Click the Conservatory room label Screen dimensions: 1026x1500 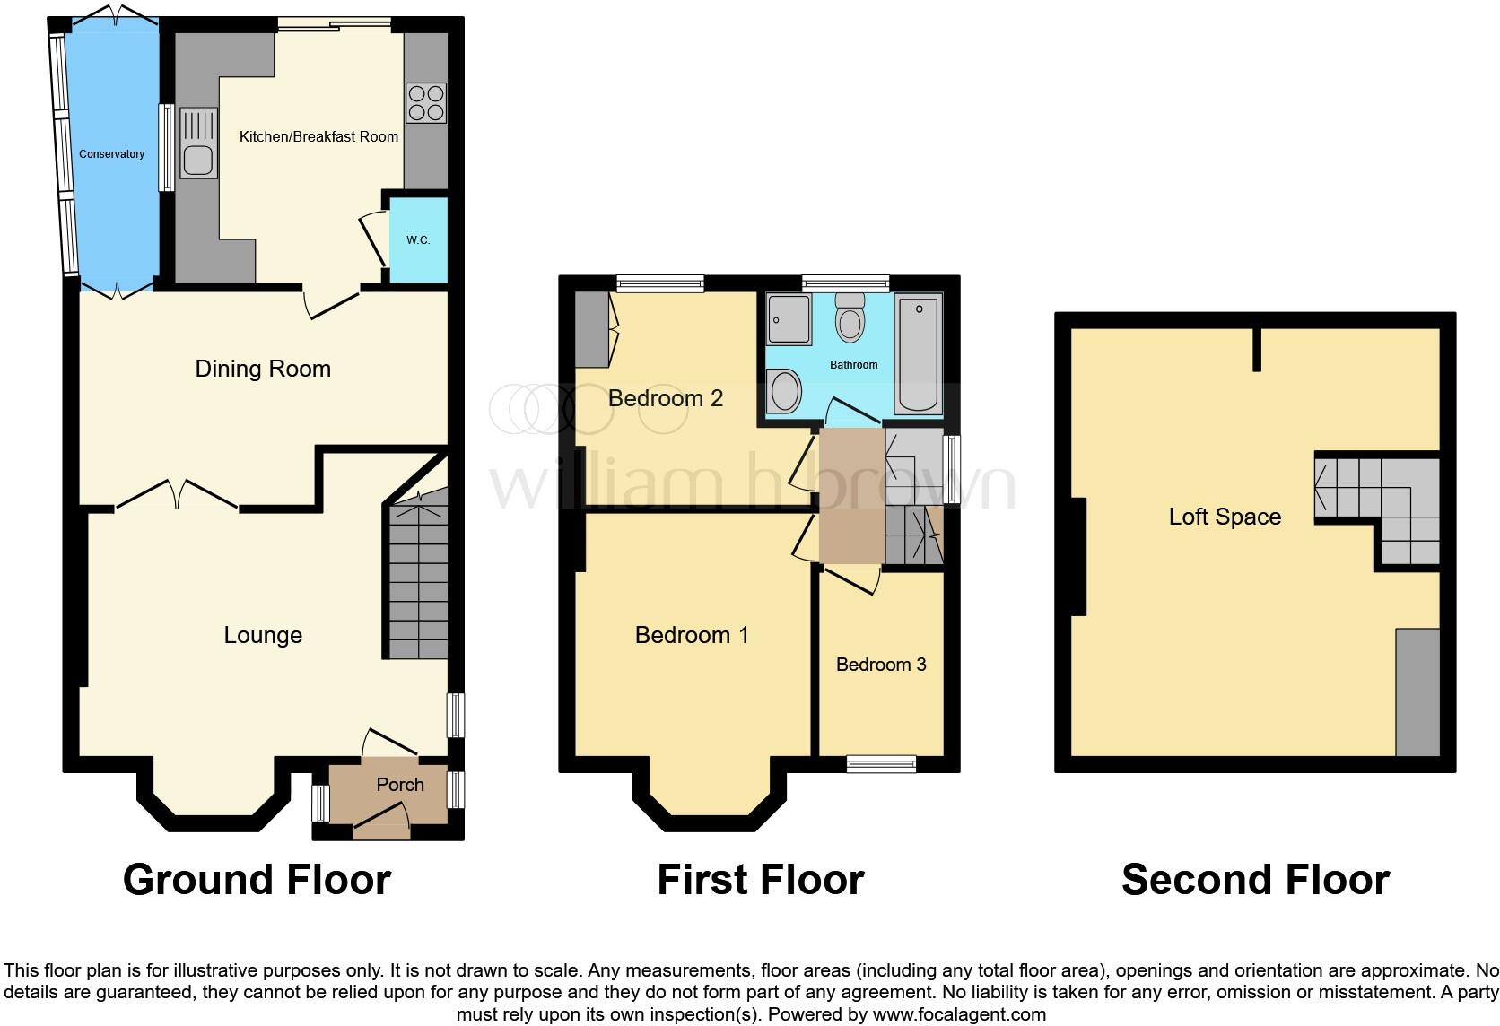[111, 154]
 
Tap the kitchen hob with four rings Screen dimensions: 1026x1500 [426, 102]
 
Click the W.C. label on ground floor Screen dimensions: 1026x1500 [418, 240]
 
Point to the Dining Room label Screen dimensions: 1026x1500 [263, 369]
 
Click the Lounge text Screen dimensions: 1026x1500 [263, 635]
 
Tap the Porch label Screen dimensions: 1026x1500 [400, 785]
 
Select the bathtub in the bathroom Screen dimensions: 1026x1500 [919, 353]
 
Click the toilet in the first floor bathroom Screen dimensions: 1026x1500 [849, 320]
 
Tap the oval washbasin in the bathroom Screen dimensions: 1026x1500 [785, 392]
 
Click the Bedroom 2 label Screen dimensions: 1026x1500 [665, 398]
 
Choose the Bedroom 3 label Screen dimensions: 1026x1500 [881, 665]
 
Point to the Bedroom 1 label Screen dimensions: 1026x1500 [691, 635]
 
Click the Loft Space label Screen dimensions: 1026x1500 [1225, 517]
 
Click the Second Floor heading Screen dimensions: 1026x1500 [1255, 880]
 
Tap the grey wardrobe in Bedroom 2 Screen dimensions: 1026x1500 [591, 330]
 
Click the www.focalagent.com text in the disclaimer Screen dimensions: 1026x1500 [958, 1015]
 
